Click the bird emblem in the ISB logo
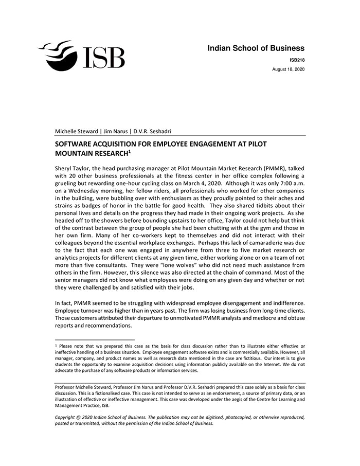click(58, 55)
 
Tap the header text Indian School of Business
click(256, 48)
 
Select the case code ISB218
click(297, 60)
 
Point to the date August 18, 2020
click(288, 69)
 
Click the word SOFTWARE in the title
click(75, 144)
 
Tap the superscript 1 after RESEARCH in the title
click(130, 152)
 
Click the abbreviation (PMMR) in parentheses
click(286, 168)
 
